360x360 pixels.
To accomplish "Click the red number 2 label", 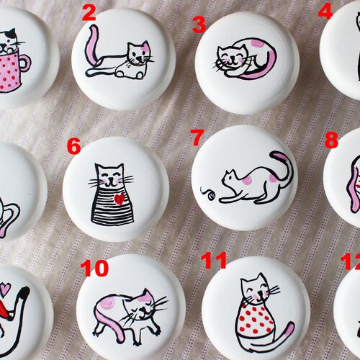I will pyautogui.click(x=89, y=12).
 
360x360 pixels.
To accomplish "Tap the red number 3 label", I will pyautogui.click(x=199, y=25).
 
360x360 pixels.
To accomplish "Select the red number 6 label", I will pyautogui.click(x=73, y=147).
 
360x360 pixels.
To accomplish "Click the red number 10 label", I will pyautogui.click(x=94, y=269).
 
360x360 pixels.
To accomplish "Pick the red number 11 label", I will pyautogui.click(x=215, y=259).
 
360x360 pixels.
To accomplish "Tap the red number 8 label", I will pyautogui.click(x=330, y=140).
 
